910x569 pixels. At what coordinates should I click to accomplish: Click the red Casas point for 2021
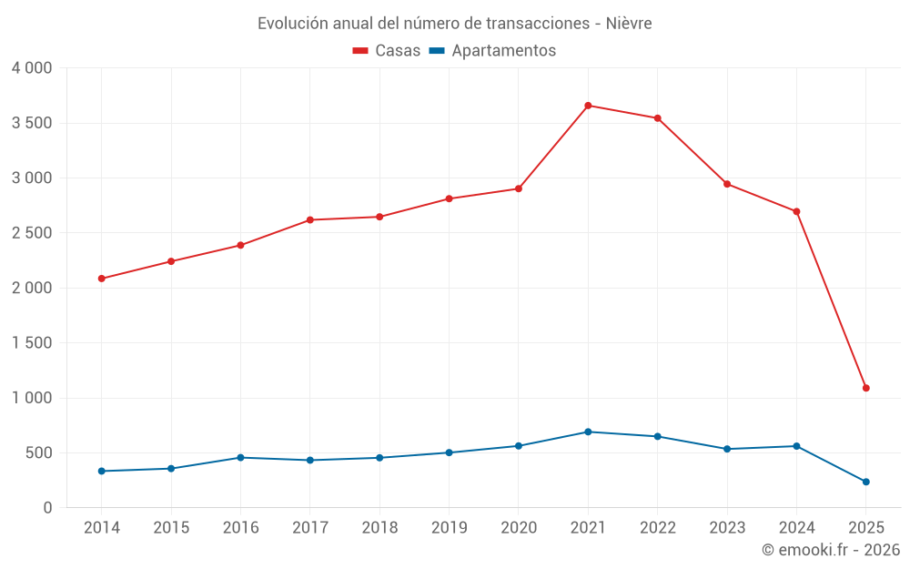588,106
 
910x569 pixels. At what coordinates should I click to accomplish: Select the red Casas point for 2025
866,388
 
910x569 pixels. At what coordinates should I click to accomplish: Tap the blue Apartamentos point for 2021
588,432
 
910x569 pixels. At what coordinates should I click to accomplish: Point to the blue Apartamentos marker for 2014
101,471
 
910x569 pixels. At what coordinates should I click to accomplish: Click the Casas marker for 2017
310,219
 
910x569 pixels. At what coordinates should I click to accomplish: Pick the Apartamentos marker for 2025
866,482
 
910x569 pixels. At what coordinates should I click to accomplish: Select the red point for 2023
727,184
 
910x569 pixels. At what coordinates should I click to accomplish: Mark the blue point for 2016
240,457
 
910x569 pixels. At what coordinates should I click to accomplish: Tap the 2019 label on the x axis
449,528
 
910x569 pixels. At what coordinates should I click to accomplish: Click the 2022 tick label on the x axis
657,528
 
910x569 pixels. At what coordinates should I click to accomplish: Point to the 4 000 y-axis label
32,68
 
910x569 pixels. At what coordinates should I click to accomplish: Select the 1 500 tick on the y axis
32,343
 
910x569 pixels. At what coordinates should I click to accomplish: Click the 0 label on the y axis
47,508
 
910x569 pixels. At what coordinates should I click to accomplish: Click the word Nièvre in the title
628,24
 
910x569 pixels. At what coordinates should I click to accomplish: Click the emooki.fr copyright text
830,550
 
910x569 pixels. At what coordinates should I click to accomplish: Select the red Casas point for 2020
519,188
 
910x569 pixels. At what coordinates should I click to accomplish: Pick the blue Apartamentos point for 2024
796,446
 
